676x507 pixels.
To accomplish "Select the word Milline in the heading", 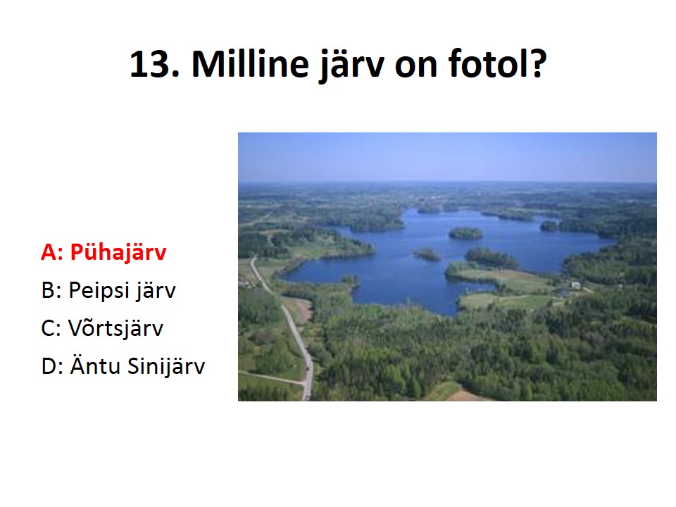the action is (250, 64).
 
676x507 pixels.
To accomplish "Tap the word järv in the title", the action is (351, 65).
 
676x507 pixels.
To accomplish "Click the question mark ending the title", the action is (537, 64).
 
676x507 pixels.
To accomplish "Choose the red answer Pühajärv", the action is (118, 252).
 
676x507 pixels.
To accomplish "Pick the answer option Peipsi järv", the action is (123, 290).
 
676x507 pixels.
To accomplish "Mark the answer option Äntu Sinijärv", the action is (137, 365).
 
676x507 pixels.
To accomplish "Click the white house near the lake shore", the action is (575, 285).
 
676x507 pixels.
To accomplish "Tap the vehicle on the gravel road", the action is (308, 368).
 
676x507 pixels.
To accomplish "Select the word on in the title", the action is (415, 65).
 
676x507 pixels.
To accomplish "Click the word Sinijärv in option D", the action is (166, 366).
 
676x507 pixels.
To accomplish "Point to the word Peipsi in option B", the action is (99, 290).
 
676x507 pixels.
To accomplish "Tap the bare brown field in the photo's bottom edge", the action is (465, 396).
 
